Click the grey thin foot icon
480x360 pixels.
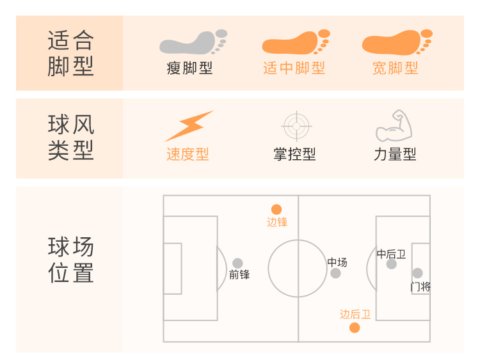click(192, 42)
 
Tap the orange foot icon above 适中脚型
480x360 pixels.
click(295, 42)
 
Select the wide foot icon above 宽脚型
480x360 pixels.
click(396, 42)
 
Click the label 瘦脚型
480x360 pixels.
click(189, 68)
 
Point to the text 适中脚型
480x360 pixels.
click(294, 68)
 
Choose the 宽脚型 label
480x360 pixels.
click(396, 68)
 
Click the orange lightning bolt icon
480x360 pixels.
click(189, 126)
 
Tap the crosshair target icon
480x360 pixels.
click(296, 126)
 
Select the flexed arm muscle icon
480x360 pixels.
click(394, 126)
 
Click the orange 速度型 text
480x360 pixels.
click(188, 154)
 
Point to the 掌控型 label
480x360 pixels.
click(294, 154)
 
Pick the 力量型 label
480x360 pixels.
click(395, 154)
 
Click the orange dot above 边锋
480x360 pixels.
click(276, 209)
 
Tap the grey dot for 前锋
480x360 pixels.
click(237, 263)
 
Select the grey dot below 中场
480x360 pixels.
click(335, 274)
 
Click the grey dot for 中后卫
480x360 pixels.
click(391, 264)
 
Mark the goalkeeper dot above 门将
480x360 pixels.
click(417, 273)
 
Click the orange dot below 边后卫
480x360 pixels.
click(355, 328)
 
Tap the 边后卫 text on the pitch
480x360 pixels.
click(355, 314)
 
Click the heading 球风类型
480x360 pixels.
click(70, 137)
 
